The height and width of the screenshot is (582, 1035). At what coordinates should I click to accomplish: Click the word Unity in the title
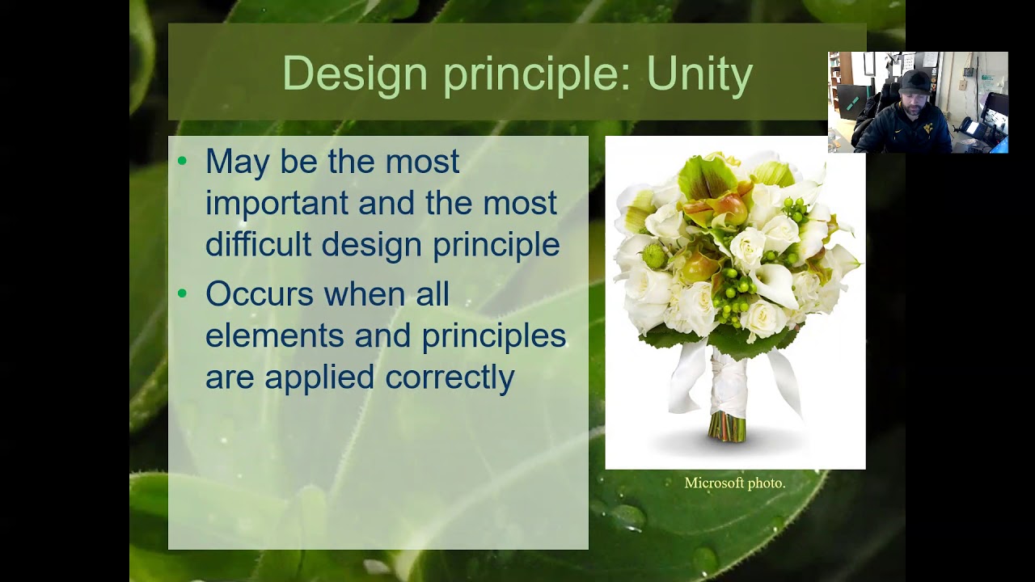pyautogui.click(x=699, y=74)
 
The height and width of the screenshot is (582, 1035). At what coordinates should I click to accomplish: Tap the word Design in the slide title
pyautogui.click(x=354, y=74)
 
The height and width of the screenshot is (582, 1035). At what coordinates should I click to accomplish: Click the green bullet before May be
pyautogui.click(x=182, y=161)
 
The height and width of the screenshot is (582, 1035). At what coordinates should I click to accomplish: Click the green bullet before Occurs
pyautogui.click(x=182, y=293)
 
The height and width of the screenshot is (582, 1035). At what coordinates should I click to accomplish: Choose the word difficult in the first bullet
pyautogui.click(x=258, y=245)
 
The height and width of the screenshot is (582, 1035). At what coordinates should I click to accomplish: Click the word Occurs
pyautogui.click(x=258, y=294)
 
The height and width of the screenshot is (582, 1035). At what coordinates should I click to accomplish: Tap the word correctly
pyautogui.click(x=449, y=377)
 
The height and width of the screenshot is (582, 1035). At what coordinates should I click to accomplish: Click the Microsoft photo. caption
pyautogui.click(x=734, y=483)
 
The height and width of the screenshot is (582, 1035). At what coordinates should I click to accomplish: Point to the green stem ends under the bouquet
pyautogui.click(x=727, y=428)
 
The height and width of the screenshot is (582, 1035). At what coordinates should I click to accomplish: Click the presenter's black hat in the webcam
pyautogui.click(x=915, y=81)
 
